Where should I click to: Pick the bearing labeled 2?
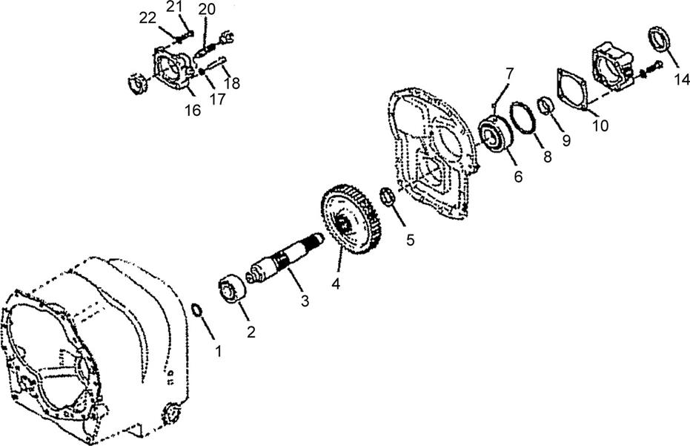[232, 289]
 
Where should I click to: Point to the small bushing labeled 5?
[386, 196]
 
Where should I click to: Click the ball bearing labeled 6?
[494, 135]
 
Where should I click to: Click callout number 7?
[509, 73]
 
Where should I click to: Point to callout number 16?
[192, 110]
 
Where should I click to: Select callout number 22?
[147, 18]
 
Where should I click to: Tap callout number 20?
[207, 9]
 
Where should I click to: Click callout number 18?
[233, 83]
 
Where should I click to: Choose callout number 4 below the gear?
[336, 283]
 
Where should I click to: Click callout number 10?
[600, 125]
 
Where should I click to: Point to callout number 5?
[410, 240]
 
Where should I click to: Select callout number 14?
[681, 79]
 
